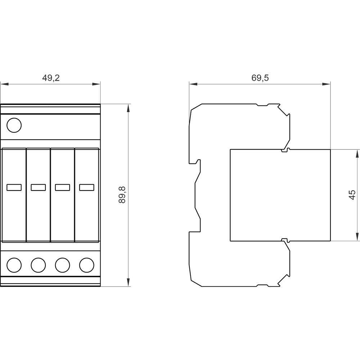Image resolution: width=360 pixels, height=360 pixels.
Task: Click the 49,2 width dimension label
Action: (51, 78)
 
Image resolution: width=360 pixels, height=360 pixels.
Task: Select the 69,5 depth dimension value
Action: (260, 78)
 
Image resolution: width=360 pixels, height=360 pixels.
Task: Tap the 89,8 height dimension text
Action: (122, 195)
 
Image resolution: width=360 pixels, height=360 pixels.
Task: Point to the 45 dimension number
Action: (352, 195)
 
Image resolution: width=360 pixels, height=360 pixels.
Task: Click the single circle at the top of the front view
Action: (14, 125)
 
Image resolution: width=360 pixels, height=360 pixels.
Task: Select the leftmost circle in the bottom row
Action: (14, 265)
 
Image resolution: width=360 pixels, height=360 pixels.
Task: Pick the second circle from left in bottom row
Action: (38, 265)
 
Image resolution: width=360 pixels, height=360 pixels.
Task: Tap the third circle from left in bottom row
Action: (62, 265)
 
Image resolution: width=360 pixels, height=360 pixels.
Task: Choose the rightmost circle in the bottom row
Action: (86, 265)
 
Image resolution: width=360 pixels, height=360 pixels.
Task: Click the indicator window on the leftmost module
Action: (14, 187)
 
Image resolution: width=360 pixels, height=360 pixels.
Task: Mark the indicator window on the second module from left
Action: (38, 187)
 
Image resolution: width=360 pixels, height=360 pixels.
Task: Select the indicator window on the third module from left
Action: (62, 187)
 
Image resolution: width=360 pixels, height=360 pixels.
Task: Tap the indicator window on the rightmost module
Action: (86, 187)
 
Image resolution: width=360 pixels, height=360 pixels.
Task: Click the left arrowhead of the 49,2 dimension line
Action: (4, 84)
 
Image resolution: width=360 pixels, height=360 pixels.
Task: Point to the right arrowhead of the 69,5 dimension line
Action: (327, 84)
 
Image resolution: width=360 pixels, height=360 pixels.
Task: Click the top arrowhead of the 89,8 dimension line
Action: (128, 108)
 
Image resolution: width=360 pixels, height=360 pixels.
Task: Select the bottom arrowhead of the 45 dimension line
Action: (357, 237)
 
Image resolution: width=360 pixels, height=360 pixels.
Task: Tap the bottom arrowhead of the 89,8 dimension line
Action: (128, 283)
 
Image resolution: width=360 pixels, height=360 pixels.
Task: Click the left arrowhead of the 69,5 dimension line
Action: (193, 84)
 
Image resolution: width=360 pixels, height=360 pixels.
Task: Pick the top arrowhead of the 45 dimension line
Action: (357, 153)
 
